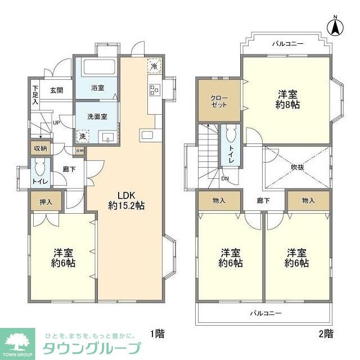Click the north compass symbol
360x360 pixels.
click(336, 26)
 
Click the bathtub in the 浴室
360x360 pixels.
click(99, 69)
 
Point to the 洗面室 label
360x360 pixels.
click(97, 116)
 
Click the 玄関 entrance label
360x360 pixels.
click(56, 90)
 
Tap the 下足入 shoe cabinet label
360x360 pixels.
click(35, 95)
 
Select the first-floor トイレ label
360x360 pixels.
click(39, 181)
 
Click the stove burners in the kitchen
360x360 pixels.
click(154, 89)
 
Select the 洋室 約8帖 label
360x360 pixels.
click(286, 99)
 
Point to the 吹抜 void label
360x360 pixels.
click(298, 166)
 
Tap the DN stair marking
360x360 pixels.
click(224, 179)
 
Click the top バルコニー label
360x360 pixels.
click(287, 43)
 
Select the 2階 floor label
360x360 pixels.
click(326, 334)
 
